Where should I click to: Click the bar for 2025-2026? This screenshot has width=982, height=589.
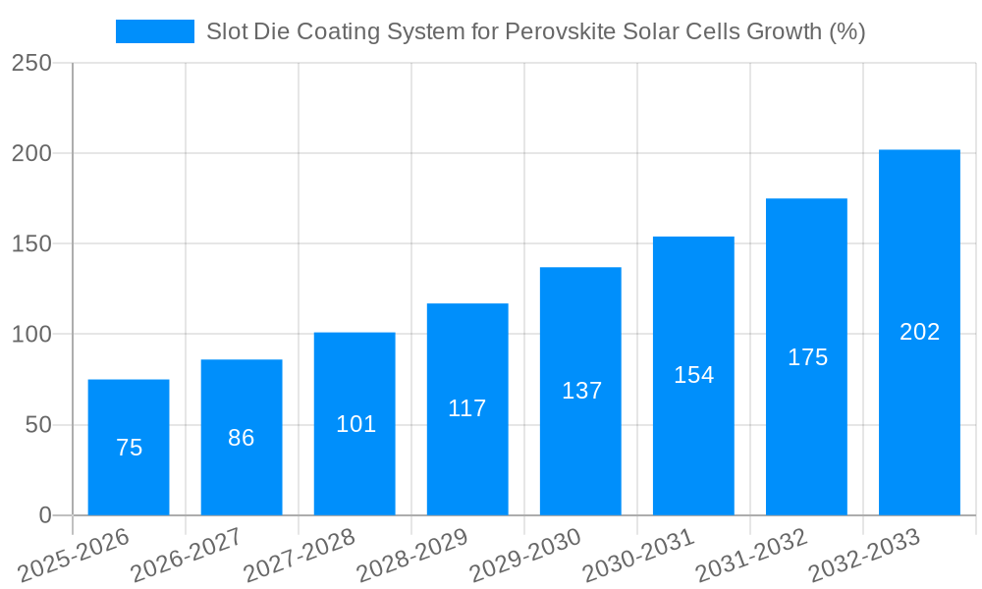click(129, 447)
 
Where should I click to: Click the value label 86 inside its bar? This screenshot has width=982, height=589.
click(242, 438)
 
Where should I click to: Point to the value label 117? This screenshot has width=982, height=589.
click(467, 408)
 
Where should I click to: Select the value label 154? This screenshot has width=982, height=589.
click(693, 375)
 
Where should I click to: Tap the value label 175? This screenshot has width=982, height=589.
click(807, 357)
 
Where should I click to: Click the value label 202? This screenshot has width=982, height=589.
click(919, 332)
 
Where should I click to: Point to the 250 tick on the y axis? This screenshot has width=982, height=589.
click(32, 63)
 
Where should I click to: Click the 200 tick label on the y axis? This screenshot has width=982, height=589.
click(32, 153)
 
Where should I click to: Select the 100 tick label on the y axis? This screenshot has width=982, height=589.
click(32, 335)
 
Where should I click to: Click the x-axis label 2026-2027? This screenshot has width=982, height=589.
click(188, 556)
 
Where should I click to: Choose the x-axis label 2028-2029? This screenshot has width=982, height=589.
click(413, 556)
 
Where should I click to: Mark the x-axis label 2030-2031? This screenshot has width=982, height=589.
click(639, 556)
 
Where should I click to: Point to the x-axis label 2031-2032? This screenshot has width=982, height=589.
click(752, 556)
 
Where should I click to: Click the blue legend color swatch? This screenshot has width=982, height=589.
click(155, 31)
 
